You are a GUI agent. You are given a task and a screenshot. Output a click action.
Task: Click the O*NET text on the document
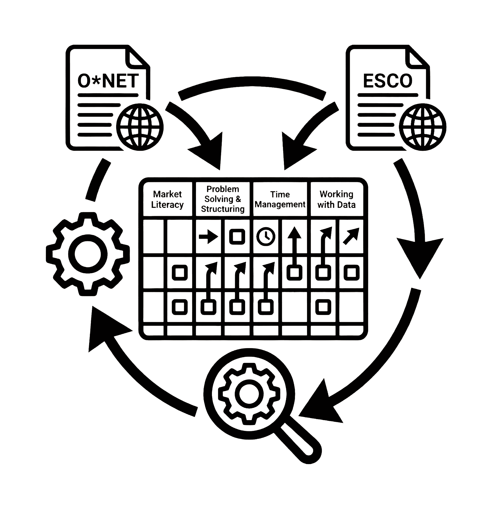coord(108,81)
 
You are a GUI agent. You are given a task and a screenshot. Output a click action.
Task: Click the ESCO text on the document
coord(388,81)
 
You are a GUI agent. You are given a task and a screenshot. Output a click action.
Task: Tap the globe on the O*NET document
coord(140,127)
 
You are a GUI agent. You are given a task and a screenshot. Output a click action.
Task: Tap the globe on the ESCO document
coord(422,127)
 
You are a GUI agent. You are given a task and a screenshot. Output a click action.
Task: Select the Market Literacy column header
coord(168,199)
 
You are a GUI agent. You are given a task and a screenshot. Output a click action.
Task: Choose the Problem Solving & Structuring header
coord(223,199)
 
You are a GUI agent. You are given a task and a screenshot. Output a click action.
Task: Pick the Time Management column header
coord(280,199)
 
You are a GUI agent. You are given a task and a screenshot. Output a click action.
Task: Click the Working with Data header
coord(336,199)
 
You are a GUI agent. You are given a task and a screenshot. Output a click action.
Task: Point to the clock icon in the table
coord(266,237)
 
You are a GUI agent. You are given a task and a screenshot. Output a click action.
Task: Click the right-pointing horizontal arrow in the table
coord(209,237)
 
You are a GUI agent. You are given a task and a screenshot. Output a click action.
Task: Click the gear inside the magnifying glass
coord(249,393)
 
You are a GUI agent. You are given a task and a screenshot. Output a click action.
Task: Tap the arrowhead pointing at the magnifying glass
coord(320,404)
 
